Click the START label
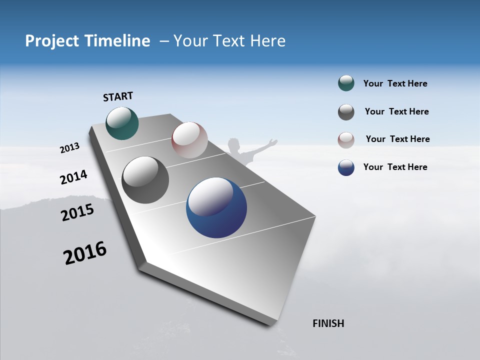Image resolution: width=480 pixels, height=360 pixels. pos(118,96)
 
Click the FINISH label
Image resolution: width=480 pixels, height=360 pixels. pos(328,323)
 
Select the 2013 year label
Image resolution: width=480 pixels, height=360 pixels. pos(70,148)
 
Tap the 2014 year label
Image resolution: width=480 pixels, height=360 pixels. pos(73,177)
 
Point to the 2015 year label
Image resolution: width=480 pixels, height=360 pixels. pos(77,212)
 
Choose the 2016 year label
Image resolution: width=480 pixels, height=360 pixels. pos(85,253)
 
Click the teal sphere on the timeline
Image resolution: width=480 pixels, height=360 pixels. pos(122,123)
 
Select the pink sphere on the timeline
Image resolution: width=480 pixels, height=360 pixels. pos(189,139)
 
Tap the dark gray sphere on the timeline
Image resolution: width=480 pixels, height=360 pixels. pos(145,180)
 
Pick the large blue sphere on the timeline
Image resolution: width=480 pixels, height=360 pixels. pos(216,207)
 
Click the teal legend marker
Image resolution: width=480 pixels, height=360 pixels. pos(346,83)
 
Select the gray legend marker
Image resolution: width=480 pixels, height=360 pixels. pos(346,112)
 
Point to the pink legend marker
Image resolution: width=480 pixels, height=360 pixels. pos(346,140)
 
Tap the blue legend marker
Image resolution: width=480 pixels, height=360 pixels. pos(346,167)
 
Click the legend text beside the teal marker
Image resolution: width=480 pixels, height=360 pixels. pos(395,84)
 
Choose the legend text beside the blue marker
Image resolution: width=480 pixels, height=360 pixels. pos(395,167)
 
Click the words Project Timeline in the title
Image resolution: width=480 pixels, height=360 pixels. pos(87,41)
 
